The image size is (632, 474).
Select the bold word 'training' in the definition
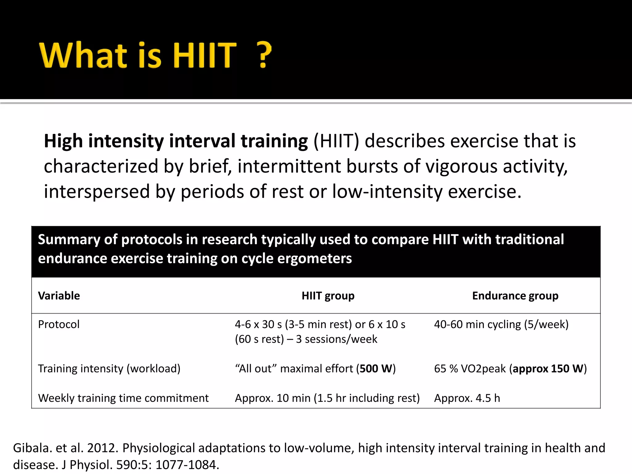click(x=274, y=141)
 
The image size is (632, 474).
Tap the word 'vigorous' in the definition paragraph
click(x=461, y=166)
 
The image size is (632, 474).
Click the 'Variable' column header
click(x=59, y=296)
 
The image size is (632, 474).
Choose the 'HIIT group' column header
click(x=328, y=296)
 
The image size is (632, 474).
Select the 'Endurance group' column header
click(x=515, y=296)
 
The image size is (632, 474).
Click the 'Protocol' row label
click(x=59, y=324)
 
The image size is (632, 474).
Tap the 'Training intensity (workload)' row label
click(x=109, y=368)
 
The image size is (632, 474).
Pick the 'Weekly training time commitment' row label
click(x=123, y=398)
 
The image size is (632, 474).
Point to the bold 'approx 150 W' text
click(x=548, y=368)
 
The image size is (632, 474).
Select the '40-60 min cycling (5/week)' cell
click(x=501, y=324)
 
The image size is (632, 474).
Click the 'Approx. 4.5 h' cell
click(x=467, y=398)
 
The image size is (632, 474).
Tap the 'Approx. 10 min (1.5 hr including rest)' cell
click(x=327, y=398)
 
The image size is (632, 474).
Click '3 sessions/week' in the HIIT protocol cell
click(x=336, y=339)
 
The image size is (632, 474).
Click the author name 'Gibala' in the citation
click(x=32, y=448)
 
